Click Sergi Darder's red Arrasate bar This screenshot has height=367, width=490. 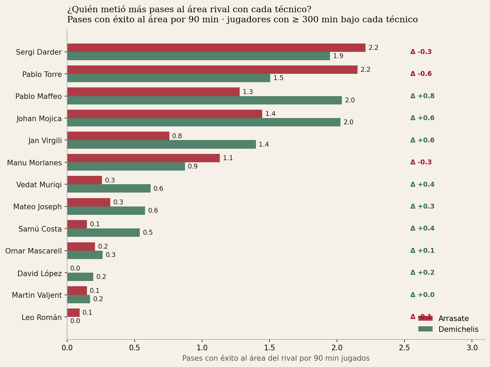tap(216, 48)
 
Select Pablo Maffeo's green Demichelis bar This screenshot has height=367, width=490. tap(204, 100)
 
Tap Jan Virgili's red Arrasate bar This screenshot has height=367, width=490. tap(118, 136)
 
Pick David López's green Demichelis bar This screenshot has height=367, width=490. tap(80, 277)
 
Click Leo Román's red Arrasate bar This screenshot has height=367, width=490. tap(73, 313)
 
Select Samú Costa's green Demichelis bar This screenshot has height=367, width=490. tap(104, 233)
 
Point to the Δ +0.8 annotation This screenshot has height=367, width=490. tap(423, 96)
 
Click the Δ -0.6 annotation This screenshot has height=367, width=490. tap(421, 74)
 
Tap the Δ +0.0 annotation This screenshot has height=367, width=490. tap(423, 295)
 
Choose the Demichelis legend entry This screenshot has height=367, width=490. tap(448, 329)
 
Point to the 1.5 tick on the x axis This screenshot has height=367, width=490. tap(270, 348)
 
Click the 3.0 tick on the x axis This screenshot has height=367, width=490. tap(472, 348)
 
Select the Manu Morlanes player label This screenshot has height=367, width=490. tap(34, 163)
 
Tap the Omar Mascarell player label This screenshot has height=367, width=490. tap(33, 251)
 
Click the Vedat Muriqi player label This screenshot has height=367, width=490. tap(39, 185)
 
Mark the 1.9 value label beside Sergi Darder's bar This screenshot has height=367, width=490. tap(338, 56)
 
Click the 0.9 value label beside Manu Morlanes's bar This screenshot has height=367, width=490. tap(193, 166)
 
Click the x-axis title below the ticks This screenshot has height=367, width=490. tap(276, 358)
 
